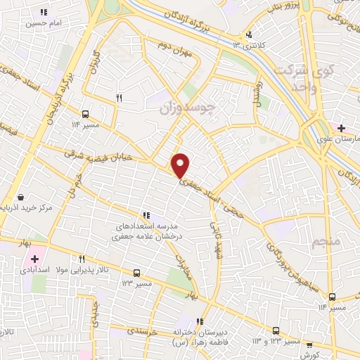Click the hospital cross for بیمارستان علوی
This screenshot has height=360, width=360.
point(341,128)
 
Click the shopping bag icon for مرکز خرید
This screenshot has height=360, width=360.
point(21,198)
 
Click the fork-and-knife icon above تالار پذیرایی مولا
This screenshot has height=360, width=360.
point(82,259)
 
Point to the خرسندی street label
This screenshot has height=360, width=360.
point(145,330)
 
